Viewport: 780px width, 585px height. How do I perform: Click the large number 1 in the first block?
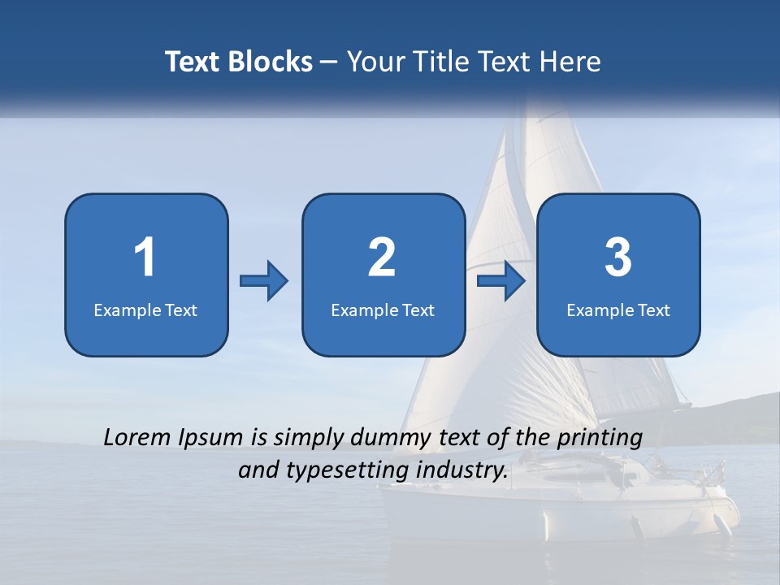[145, 258]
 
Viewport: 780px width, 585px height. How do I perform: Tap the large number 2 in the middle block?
[382, 258]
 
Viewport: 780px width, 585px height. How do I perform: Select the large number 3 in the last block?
[618, 258]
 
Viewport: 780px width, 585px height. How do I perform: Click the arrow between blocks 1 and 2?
[264, 281]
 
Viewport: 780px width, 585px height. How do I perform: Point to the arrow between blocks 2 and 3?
[501, 281]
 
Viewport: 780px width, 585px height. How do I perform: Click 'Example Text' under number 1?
[145, 310]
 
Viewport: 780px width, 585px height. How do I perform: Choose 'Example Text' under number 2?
[383, 310]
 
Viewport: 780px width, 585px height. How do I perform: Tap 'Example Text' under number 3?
[618, 310]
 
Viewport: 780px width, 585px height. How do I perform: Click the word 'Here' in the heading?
[570, 62]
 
